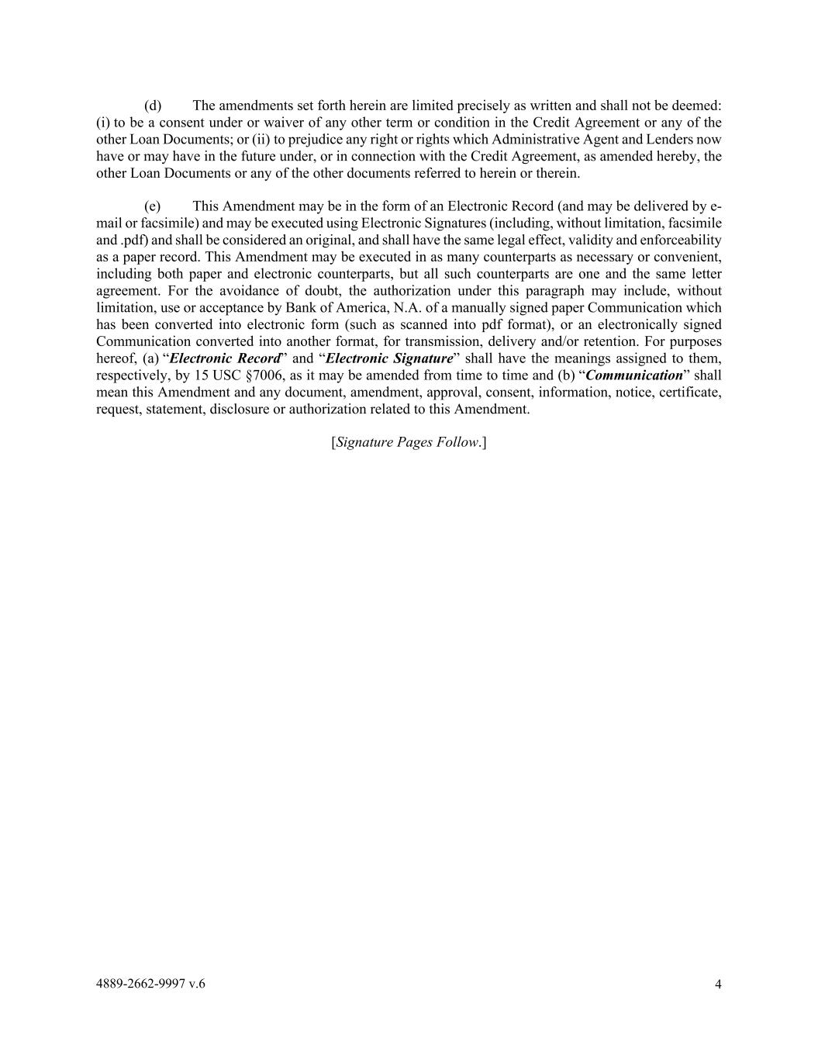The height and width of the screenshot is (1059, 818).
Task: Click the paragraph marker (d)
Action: click(153, 106)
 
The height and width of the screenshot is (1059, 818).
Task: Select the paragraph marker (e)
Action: click(153, 206)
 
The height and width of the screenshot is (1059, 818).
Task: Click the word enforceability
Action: click(678, 241)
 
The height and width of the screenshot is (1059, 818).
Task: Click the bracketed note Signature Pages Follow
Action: click(409, 442)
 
